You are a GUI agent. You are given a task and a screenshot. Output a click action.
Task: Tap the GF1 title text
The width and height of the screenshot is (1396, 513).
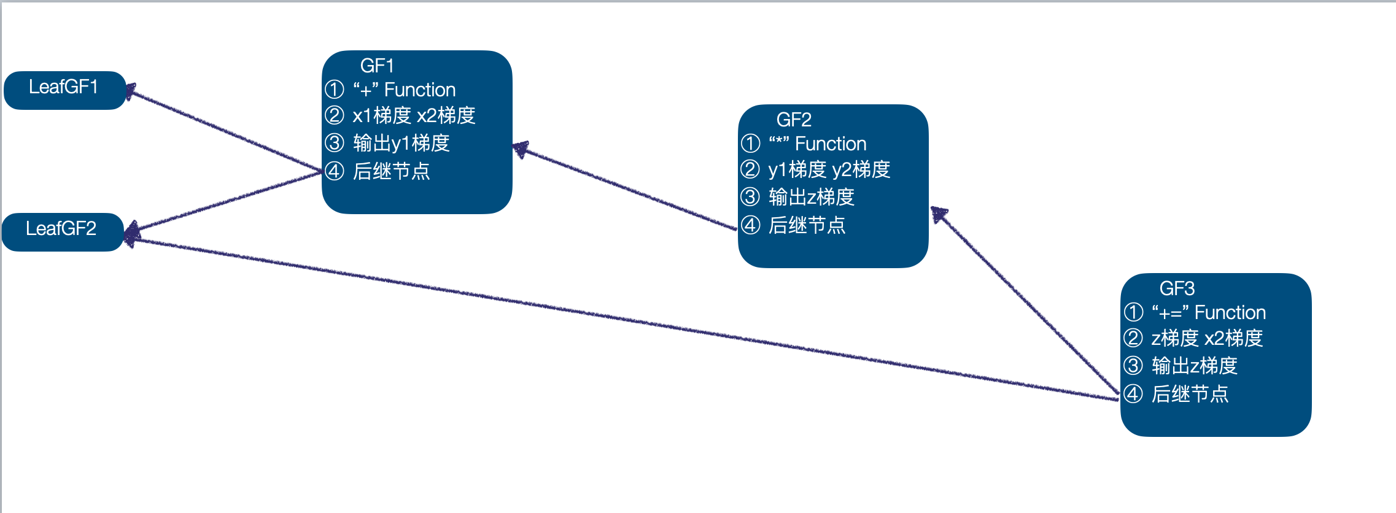coord(376,66)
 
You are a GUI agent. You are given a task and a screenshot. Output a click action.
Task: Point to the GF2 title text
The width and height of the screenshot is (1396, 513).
coord(793,120)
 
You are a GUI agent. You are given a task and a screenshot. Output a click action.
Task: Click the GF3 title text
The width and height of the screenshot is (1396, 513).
coord(1176,288)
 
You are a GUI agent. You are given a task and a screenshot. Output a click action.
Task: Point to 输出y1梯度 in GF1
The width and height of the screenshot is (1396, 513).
coord(401,144)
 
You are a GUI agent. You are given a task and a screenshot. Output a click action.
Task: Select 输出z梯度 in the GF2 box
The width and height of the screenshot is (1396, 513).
coord(811,198)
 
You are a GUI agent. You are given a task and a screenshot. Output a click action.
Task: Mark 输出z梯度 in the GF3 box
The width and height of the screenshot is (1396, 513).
coord(1194,366)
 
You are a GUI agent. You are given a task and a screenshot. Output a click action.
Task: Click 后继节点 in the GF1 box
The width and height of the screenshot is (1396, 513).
coord(391,171)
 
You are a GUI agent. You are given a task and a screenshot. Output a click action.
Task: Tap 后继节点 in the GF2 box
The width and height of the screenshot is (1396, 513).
coord(807,226)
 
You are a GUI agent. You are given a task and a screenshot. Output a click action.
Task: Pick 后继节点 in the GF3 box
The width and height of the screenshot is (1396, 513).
coord(1190,394)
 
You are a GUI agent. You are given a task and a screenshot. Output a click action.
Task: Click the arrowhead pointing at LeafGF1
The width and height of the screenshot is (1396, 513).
coord(131,91)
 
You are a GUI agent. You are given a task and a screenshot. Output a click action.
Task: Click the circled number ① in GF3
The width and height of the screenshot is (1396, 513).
coord(1133,312)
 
